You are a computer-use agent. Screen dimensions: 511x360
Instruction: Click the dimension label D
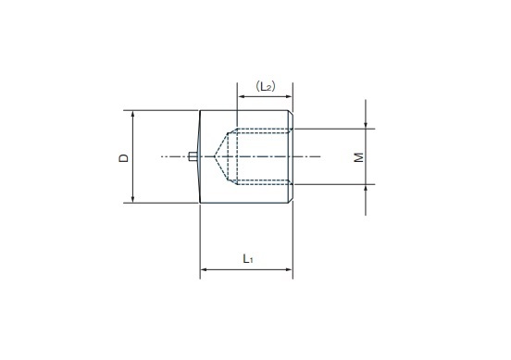click(x=124, y=158)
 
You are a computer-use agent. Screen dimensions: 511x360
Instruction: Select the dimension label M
click(x=359, y=157)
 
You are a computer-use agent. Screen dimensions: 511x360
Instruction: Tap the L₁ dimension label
click(x=248, y=259)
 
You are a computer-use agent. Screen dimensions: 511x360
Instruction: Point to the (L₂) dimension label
click(x=266, y=86)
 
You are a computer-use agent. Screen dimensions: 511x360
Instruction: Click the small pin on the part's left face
click(x=193, y=156)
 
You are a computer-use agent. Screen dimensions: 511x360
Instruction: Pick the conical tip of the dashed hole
click(x=215, y=156)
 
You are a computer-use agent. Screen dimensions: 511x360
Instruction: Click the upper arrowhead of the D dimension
click(x=132, y=114)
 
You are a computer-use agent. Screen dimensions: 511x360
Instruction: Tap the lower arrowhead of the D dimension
click(x=132, y=199)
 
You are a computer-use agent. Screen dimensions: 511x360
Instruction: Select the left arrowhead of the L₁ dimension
click(x=204, y=269)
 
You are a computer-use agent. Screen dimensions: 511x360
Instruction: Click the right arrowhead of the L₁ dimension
click(x=289, y=269)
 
